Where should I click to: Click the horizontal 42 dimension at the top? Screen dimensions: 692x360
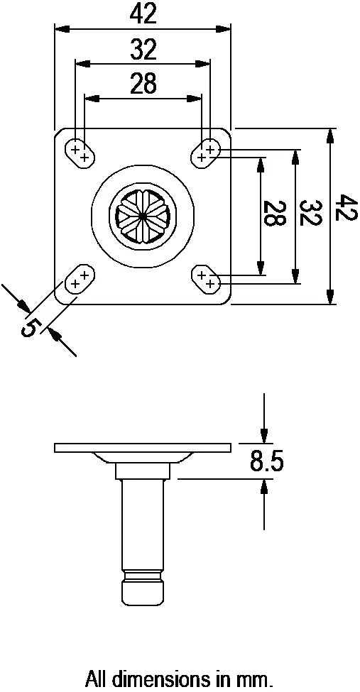click(x=143, y=14)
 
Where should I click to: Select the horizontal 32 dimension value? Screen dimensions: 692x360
click(x=143, y=50)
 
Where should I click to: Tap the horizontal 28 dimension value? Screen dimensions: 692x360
click(x=143, y=84)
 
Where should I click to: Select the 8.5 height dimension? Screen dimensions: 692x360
click(x=266, y=462)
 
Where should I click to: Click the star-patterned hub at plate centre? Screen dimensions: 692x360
click(x=143, y=216)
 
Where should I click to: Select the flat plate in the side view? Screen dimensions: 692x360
click(x=143, y=447)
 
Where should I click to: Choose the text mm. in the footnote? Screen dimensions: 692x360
click(x=256, y=679)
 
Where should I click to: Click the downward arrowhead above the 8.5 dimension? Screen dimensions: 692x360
click(x=264, y=434)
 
